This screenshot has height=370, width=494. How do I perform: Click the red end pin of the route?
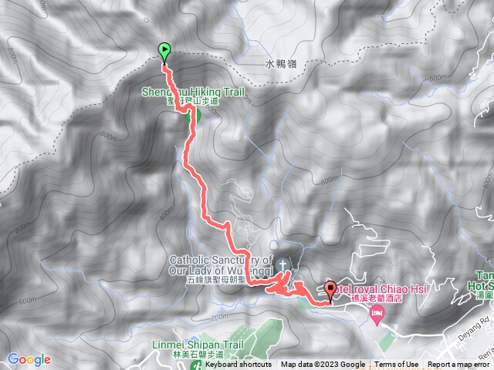[x=331, y=290]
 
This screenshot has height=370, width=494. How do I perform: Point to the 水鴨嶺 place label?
[x=284, y=65]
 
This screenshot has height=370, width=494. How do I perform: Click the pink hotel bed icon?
[x=377, y=312]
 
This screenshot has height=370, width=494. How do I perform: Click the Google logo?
[x=29, y=359]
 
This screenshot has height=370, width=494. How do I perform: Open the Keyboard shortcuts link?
[x=239, y=365]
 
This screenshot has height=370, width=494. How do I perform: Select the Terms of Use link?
[x=397, y=365]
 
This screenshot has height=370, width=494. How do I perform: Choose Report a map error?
[x=458, y=365]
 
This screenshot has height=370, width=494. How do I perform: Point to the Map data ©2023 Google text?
[x=323, y=365]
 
